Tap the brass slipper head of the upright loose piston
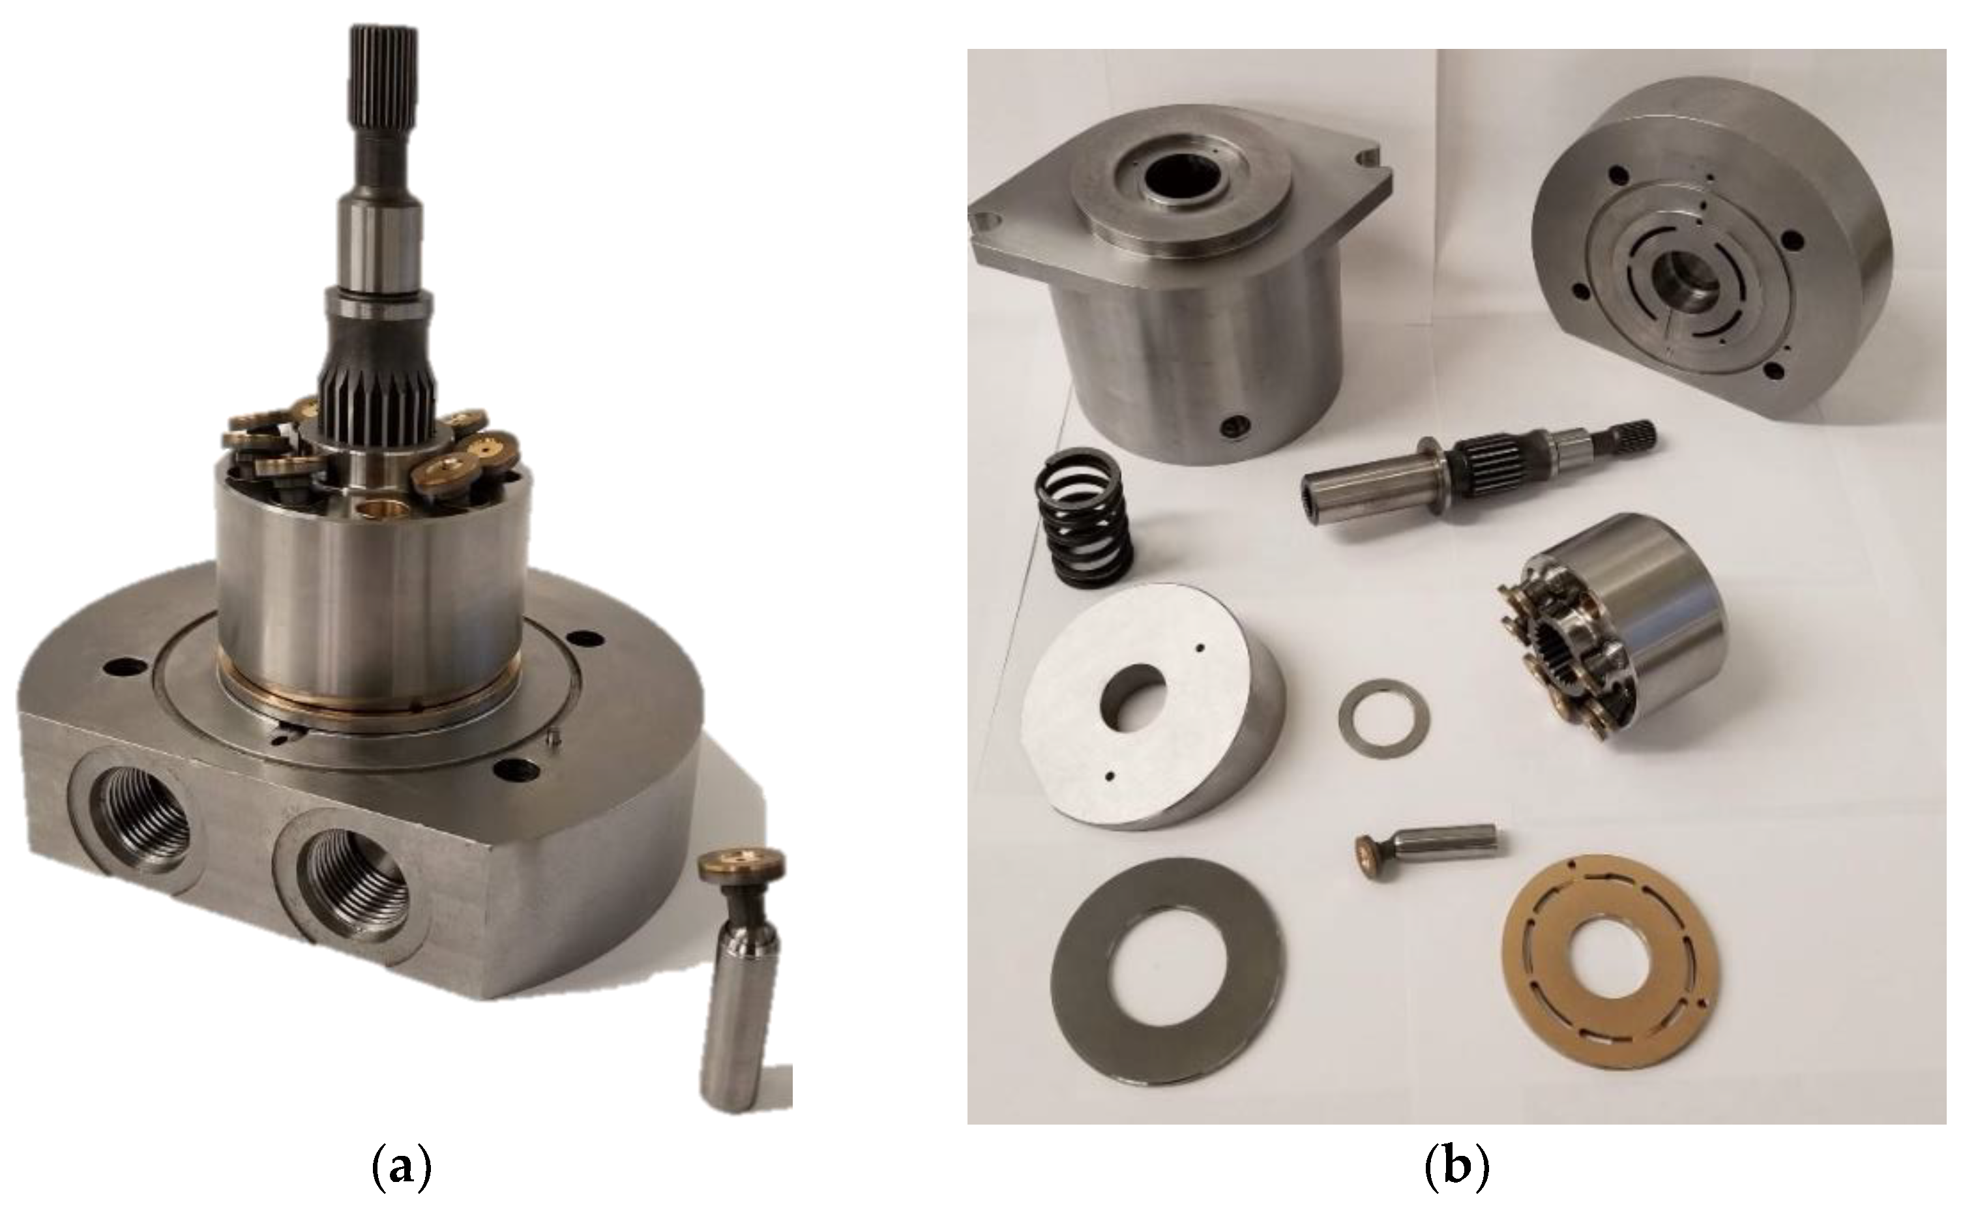click(739, 866)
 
